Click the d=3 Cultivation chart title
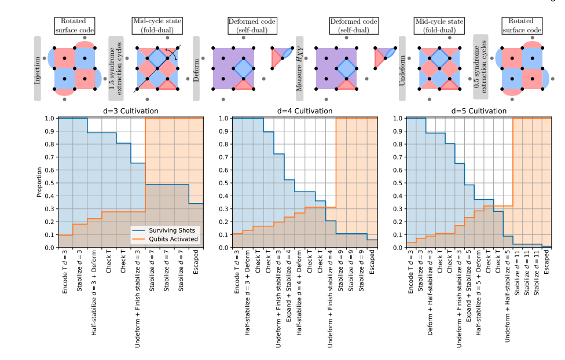[x=130, y=111]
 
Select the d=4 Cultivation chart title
[x=304, y=111]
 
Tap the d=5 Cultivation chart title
[x=479, y=111]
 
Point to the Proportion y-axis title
[x=39, y=183]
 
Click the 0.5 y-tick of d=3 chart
[x=50, y=183]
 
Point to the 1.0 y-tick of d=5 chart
[x=398, y=118]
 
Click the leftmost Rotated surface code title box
[x=74, y=26]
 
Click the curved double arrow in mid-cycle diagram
[x=170, y=53]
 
